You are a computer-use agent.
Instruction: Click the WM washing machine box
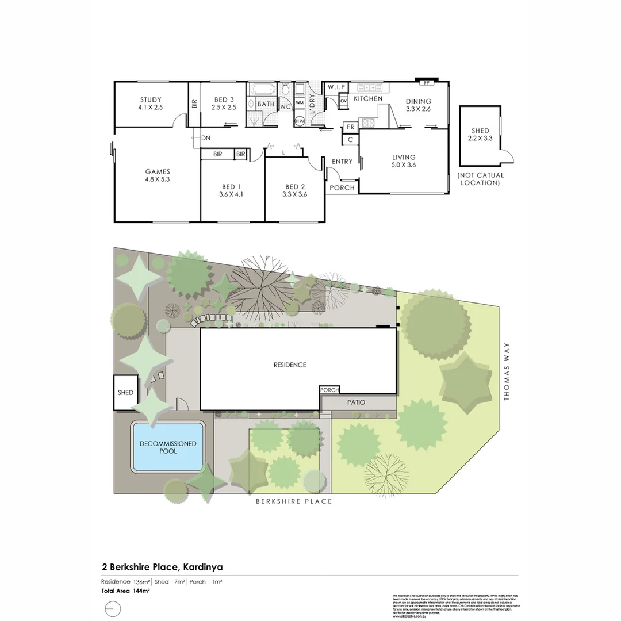coord(300,103)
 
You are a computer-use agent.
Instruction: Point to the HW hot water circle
coord(300,121)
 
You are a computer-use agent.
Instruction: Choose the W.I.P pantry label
coord(336,87)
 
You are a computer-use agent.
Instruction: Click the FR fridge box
coord(350,127)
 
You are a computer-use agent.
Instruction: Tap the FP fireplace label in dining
coord(427,83)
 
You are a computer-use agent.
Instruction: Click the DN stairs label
coord(206,138)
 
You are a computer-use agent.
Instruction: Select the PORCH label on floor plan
coord(342,187)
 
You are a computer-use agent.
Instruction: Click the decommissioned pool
coord(168,447)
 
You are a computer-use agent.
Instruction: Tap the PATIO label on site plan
coord(356,402)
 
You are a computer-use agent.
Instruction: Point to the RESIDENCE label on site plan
coord(290,365)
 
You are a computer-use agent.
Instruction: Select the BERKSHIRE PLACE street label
coord(294,501)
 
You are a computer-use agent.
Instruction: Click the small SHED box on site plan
coord(125,393)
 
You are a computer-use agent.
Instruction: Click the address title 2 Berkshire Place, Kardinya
coord(162,567)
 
